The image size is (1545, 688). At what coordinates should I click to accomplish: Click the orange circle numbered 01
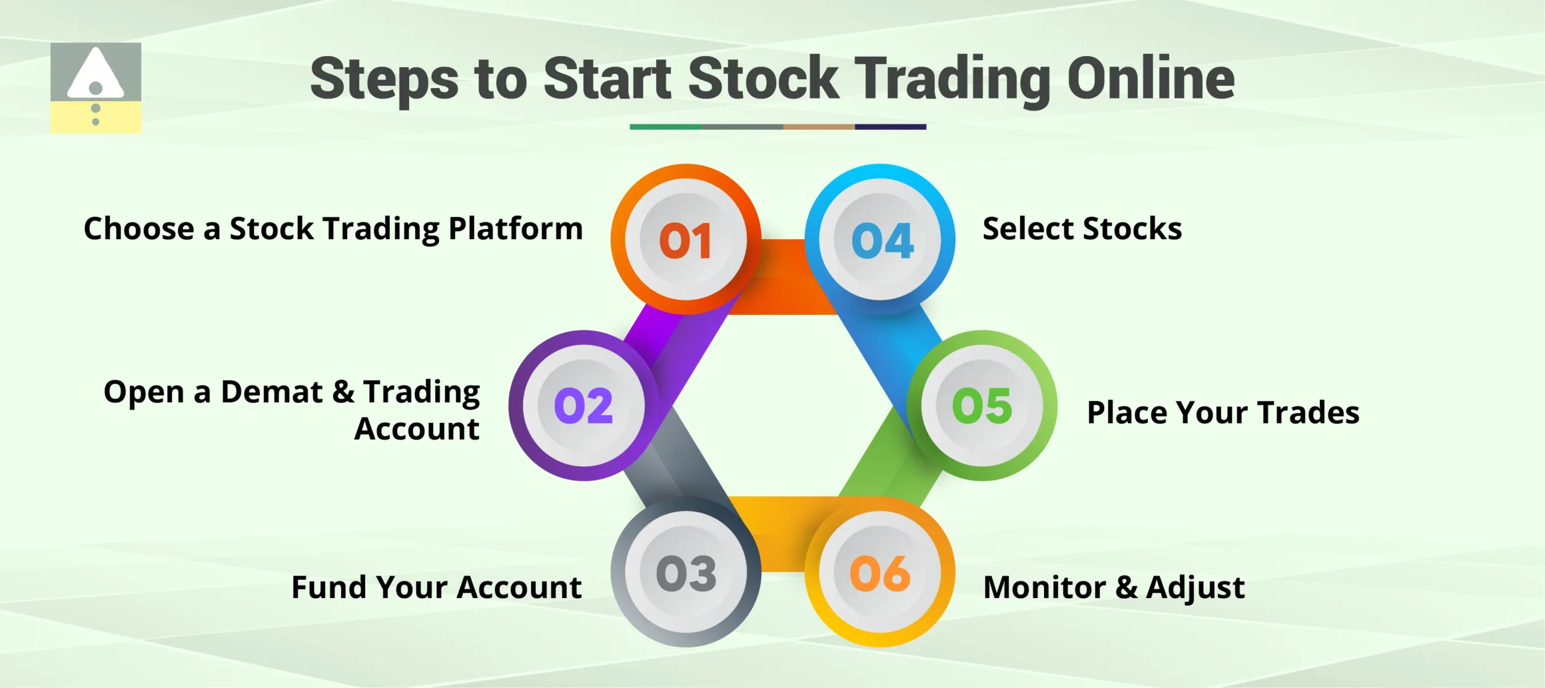click(686, 239)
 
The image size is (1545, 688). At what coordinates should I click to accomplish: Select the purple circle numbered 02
click(584, 405)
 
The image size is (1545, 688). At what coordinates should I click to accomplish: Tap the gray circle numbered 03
click(686, 572)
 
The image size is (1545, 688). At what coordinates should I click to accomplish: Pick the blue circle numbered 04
click(881, 239)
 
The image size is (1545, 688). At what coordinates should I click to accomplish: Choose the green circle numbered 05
click(982, 405)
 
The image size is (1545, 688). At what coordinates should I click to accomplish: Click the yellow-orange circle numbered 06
click(881, 572)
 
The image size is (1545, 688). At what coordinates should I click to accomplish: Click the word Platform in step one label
click(515, 230)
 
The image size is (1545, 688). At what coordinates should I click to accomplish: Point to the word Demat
click(272, 392)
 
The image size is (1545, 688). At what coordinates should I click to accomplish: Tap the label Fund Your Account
click(436, 588)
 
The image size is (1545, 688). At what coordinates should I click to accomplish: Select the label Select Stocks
click(1081, 230)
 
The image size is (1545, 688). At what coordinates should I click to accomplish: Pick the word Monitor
click(1045, 588)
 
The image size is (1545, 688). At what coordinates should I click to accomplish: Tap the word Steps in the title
click(384, 80)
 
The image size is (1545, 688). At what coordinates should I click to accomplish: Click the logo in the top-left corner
click(95, 88)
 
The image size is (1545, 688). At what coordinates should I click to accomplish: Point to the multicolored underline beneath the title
click(777, 127)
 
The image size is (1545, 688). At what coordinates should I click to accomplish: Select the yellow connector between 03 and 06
click(783, 535)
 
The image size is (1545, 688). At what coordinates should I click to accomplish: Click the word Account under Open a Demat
click(416, 429)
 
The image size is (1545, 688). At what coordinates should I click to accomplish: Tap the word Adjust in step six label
click(1195, 588)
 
